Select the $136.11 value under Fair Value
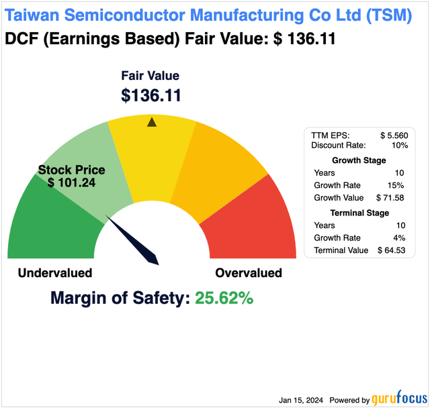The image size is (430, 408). pyautogui.click(x=151, y=95)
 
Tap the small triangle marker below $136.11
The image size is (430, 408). pyautogui.click(x=152, y=121)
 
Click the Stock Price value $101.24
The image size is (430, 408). pyautogui.click(x=71, y=183)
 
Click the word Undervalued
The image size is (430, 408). pyautogui.click(x=54, y=273)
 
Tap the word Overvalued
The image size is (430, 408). pyautogui.click(x=249, y=273)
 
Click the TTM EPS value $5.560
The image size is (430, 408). pyautogui.click(x=394, y=135)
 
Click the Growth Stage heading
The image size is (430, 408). pyautogui.click(x=359, y=160)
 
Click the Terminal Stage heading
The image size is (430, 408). pyautogui.click(x=359, y=213)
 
